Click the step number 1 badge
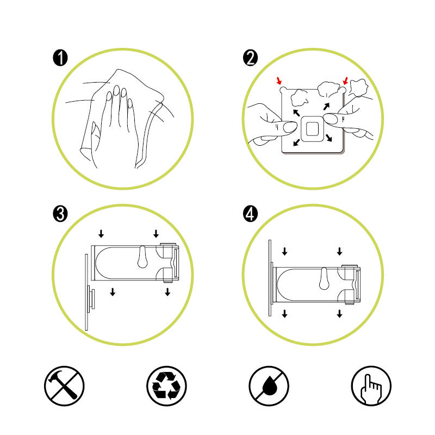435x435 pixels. coord(60,58)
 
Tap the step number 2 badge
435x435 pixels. coord(250,58)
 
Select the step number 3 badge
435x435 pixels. coord(60,214)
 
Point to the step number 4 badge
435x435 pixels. coord(250,214)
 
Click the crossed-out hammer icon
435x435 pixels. coord(64,386)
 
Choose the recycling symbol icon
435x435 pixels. coord(166,386)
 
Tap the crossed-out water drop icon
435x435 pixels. coord(269,386)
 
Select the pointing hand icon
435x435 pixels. coord(371,386)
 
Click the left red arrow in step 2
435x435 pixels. coord(279,80)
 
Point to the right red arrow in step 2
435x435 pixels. coord(345,80)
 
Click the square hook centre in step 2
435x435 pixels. coord(312,129)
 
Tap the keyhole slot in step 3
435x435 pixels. coord(142,257)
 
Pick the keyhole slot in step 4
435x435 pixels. coord(324,278)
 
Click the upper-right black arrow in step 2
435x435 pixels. coord(326,107)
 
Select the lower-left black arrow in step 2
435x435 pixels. coord(296,142)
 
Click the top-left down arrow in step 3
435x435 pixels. coord(101,234)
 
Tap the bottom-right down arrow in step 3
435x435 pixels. coord(167,292)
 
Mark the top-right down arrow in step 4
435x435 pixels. coord(339,251)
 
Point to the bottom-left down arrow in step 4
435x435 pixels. coord(284,314)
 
